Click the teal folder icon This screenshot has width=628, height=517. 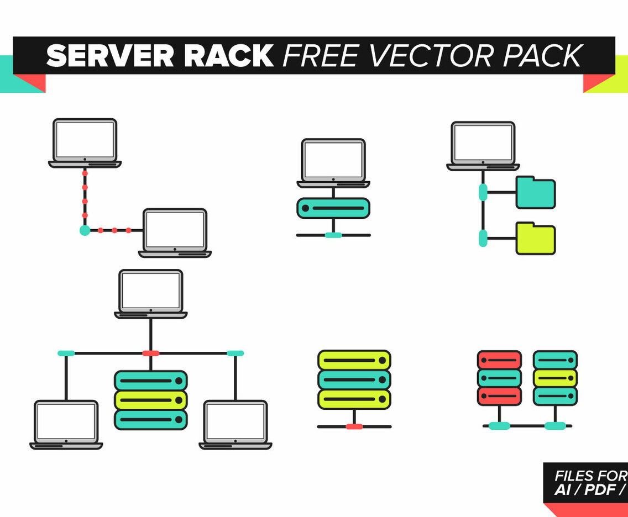[x=535, y=193]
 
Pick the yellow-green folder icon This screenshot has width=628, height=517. [x=535, y=239]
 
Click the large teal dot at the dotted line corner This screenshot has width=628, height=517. [x=85, y=230]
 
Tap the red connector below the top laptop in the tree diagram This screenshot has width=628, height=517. [x=150, y=353]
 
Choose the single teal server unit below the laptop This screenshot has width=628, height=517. [x=333, y=208]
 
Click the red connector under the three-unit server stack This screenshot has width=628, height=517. [x=354, y=426]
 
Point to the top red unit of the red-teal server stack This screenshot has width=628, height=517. [x=499, y=360]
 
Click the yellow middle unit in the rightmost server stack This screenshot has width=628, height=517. [x=555, y=378]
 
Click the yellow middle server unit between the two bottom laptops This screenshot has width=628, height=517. [x=150, y=399]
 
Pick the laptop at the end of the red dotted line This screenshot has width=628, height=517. [x=175, y=233]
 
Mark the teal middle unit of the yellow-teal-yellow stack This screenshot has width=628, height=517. [x=354, y=379]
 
